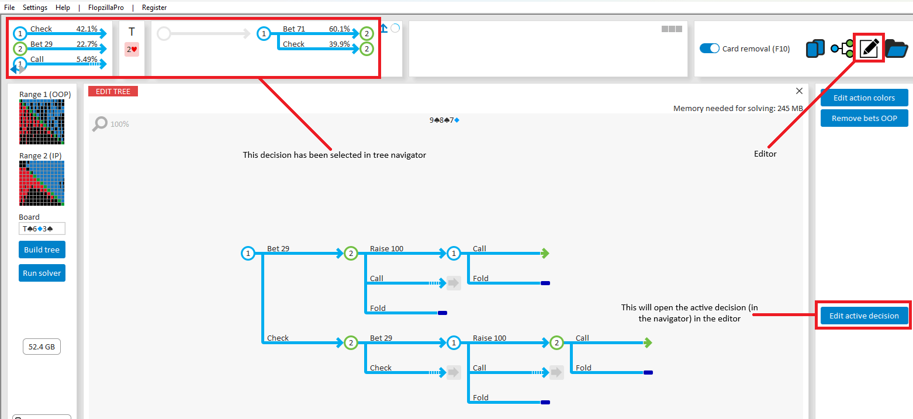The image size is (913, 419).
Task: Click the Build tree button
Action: pos(41,250)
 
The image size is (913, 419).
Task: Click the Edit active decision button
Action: pos(864,316)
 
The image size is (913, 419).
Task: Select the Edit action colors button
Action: pos(864,98)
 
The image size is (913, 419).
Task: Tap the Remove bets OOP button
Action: pos(864,118)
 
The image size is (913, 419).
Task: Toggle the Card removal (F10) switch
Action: pos(710,49)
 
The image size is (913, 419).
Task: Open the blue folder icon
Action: pos(897,49)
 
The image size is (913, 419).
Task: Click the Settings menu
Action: pos(35,8)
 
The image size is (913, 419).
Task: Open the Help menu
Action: pos(63,8)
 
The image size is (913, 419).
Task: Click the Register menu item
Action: pos(154,8)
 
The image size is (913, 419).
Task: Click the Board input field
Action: pos(41,228)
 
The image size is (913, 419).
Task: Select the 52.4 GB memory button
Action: pos(41,347)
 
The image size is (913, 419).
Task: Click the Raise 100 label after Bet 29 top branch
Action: pos(386,248)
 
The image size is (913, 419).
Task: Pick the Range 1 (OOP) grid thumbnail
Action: pos(41,122)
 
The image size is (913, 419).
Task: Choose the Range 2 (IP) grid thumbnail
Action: pos(41,183)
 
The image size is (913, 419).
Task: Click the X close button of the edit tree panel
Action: pos(799,91)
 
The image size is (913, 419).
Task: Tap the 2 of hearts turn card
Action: pos(132,50)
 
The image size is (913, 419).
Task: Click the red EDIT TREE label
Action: pos(113,91)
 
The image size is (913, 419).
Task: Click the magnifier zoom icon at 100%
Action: pos(101,123)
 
